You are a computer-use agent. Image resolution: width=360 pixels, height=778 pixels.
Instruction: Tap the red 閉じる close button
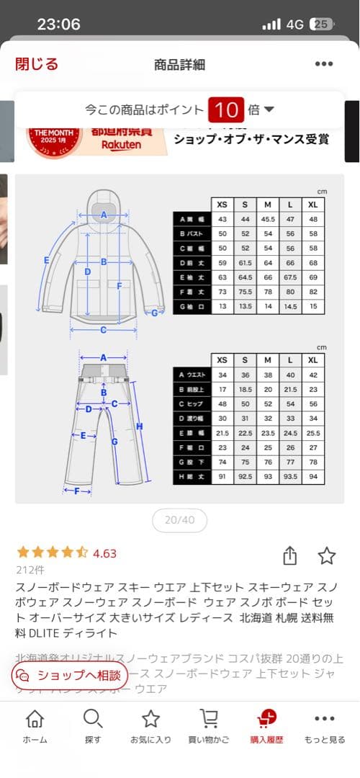[x=37, y=64]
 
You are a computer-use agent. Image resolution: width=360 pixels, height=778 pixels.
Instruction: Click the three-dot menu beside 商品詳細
[x=324, y=64]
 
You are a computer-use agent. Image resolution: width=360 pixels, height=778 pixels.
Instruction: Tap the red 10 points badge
[x=226, y=110]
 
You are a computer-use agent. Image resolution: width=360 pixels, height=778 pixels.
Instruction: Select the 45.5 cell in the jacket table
[x=267, y=219]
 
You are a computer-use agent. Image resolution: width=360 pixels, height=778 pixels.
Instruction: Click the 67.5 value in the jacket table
[x=290, y=277]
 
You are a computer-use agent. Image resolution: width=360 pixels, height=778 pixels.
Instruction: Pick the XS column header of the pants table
[x=222, y=360]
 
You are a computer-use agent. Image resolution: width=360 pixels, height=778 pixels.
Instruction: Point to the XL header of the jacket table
[x=312, y=204]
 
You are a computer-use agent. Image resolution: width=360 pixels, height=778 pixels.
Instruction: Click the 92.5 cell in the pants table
[x=245, y=475]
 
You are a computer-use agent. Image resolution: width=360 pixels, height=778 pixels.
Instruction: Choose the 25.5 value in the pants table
[x=312, y=432]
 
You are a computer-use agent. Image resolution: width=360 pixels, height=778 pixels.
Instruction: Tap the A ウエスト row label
[x=192, y=375]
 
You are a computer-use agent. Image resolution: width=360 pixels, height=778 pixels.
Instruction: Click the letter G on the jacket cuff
[x=153, y=313]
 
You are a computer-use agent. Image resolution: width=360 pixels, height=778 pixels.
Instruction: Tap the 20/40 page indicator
[x=179, y=520]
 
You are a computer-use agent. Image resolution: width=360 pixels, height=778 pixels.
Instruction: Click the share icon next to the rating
[x=289, y=555]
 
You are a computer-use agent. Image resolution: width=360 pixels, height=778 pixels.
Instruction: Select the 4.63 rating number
[x=104, y=553]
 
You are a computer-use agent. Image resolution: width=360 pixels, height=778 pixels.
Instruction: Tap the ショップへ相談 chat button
[x=70, y=675]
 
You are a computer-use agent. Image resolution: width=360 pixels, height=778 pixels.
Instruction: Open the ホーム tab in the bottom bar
[x=35, y=726]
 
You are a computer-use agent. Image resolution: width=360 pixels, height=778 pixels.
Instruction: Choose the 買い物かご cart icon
[x=209, y=726]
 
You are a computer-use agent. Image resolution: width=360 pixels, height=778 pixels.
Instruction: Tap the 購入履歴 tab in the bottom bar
[x=266, y=726]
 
